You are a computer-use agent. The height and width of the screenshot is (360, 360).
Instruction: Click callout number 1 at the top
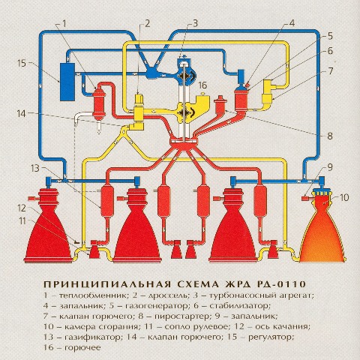coord(64,24)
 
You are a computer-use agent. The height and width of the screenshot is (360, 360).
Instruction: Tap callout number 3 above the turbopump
coord(195,23)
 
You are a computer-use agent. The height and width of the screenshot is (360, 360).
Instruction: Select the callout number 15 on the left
coord(22,63)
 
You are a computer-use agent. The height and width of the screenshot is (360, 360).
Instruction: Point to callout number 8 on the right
coord(330,136)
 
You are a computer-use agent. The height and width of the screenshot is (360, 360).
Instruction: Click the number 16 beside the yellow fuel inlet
coord(202,85)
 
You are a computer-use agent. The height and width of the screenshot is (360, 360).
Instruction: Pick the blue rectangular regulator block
coord(67,82)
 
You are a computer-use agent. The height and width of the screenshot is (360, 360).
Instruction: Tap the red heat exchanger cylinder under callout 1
coord(99,103)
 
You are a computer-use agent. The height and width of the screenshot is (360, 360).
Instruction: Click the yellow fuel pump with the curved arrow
coord(186,113)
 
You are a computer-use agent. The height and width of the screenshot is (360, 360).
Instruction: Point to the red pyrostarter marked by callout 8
coord(220,105)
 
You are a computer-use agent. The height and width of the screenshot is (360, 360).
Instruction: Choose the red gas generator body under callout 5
coord(241,100)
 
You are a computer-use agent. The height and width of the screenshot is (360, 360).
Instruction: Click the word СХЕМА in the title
coord(199,284)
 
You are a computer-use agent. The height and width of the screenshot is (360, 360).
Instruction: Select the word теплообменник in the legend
coord(93,295)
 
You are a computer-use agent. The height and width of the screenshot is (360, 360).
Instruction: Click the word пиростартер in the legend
coord(181,316)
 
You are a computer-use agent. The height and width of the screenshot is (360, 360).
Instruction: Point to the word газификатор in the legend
coord(92,337)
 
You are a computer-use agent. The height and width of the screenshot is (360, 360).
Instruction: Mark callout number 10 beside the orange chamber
coord(344,197)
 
